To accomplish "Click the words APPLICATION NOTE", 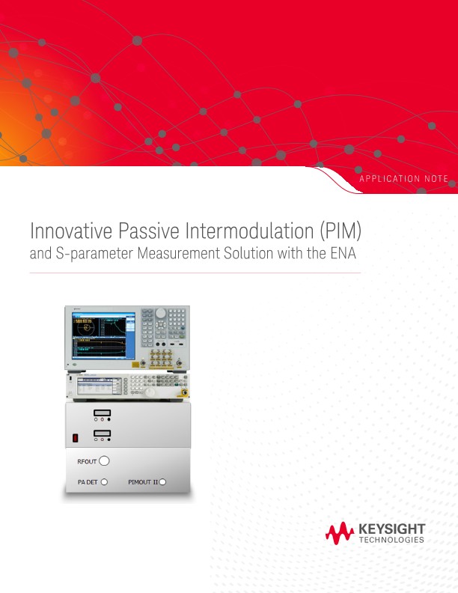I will (x=403, y=178).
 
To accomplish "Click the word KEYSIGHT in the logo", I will (x=392, y=529).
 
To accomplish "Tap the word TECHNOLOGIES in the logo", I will (x=392, y=540).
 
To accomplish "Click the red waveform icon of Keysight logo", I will (x=339, y=533).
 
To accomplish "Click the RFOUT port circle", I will (x=105, y=461).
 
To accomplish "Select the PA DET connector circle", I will (x=104, y=482).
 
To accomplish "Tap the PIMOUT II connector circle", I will (x=162, y=482).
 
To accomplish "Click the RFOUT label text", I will (x=88, y=462).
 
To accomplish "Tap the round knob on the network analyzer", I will (x=161, y=314).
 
